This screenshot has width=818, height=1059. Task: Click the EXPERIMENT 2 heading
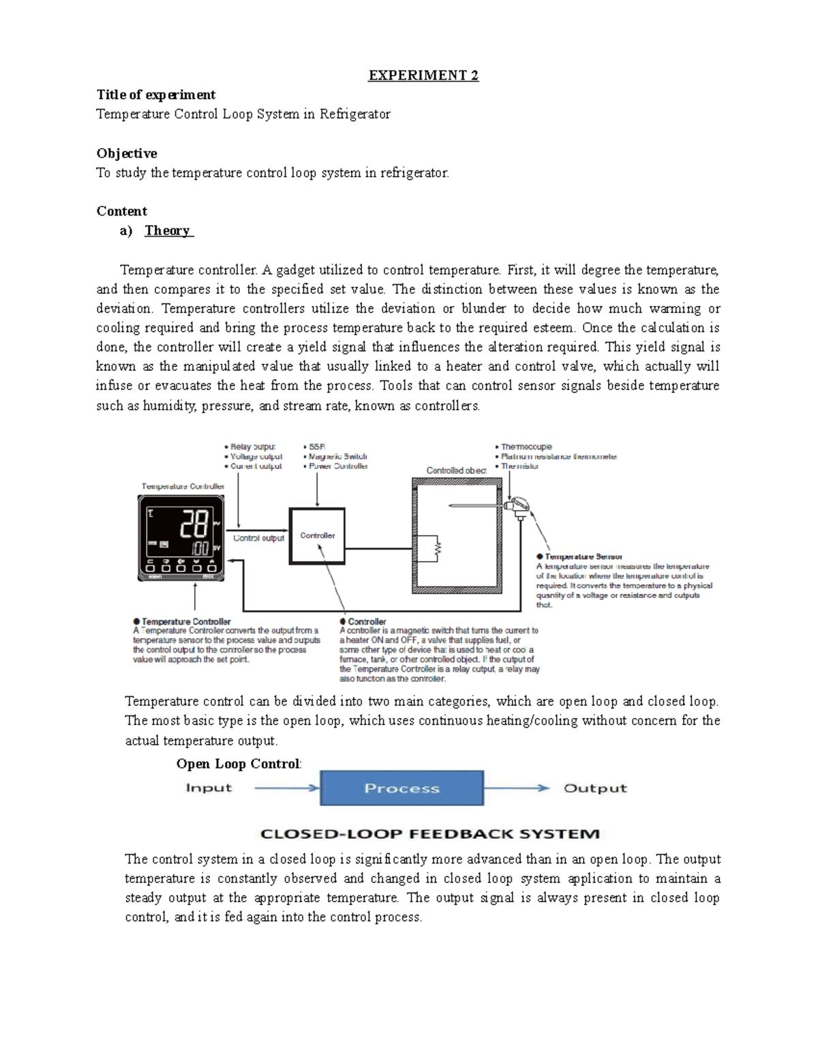coord(423,76)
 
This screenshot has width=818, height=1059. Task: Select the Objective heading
coord(127,153)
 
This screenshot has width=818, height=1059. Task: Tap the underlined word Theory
coord(168,230)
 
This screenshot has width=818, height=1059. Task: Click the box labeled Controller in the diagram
coord(317,535)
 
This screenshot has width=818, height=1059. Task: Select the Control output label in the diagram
coord(258,538)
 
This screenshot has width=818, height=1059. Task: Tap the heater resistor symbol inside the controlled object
coord(437,548)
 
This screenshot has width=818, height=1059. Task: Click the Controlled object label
coord(456,471)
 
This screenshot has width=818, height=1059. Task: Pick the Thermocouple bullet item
coord(526,447)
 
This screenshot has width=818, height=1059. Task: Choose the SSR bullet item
coord(318,447)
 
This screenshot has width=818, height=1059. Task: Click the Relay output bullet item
coord(252,447)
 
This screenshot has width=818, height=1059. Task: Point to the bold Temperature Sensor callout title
coord(583,556)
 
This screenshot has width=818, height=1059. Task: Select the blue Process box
coord(402,788)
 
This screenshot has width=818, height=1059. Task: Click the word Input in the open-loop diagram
coord(209,788)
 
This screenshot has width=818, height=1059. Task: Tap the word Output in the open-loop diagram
coord(594,788)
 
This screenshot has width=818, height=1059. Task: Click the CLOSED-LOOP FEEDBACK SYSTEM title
coord(430,833)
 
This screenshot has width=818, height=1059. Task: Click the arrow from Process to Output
coord(517,788)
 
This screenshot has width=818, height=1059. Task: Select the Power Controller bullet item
coord(338,466)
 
